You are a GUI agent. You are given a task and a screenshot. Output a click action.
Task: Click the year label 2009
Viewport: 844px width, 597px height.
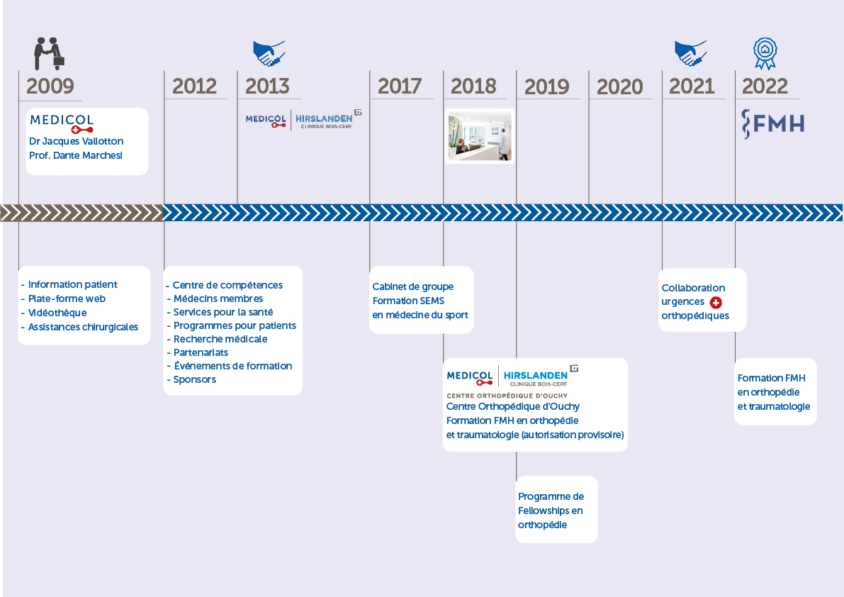50,86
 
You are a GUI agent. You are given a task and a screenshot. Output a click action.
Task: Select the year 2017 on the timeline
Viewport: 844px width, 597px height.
400,86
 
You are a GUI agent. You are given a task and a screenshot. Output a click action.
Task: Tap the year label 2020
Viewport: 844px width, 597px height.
619,87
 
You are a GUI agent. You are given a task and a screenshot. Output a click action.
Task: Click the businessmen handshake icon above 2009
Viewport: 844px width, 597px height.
49,54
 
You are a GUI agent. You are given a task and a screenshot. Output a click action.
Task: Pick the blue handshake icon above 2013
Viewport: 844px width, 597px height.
269,53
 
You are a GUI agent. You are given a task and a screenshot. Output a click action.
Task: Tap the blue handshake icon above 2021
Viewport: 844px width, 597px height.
690,53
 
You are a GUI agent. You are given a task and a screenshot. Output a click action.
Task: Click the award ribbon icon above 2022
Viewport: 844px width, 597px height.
765,53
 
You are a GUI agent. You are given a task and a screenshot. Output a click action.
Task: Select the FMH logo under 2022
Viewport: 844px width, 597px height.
773,124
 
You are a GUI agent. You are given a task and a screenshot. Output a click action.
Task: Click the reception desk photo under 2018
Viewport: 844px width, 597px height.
480,135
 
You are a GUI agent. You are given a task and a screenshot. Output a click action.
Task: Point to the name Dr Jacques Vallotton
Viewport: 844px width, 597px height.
76,141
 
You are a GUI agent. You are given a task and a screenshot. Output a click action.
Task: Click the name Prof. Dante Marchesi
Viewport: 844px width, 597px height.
76,155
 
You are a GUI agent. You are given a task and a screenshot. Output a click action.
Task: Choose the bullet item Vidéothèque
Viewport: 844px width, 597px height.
57,313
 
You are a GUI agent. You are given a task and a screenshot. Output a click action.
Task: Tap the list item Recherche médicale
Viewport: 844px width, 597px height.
220,339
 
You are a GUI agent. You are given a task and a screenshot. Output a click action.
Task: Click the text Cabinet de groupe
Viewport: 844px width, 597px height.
413,286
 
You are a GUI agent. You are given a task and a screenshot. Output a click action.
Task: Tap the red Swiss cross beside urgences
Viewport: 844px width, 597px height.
716,303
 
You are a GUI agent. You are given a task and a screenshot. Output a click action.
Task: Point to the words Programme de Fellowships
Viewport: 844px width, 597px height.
551,503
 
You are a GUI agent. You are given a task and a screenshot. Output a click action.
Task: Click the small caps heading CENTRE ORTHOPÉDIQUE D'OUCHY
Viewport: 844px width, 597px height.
507,396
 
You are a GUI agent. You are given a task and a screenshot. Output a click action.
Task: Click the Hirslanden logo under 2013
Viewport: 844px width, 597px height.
327,120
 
